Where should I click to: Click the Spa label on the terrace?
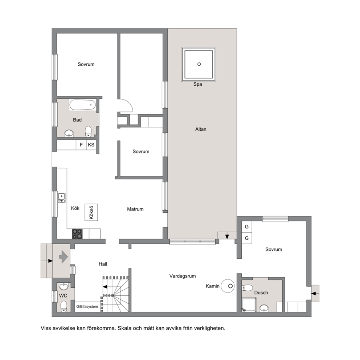pos(197,84)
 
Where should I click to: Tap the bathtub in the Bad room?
pos(83,105)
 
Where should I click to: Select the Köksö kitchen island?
pos(91,212)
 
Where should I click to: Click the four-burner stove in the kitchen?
pos(77,234)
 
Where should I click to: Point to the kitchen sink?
pos(62,198)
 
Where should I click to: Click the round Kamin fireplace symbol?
pos(228,286)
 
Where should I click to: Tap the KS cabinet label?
pos(91,145)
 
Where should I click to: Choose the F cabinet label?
pos(81,145)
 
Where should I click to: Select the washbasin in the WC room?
pos(64,287)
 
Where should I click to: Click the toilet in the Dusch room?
pos(247,288)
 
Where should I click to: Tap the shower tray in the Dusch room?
pos(249,305)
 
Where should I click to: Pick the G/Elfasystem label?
pos(87,307)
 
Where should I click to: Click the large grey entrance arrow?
pos(64,257)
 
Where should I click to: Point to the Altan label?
pos(201,129)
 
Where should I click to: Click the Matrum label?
pos(135,209)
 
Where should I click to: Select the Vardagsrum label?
pos(183,276)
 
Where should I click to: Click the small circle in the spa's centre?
pos(199,64)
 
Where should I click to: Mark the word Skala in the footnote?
pos(124,328)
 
